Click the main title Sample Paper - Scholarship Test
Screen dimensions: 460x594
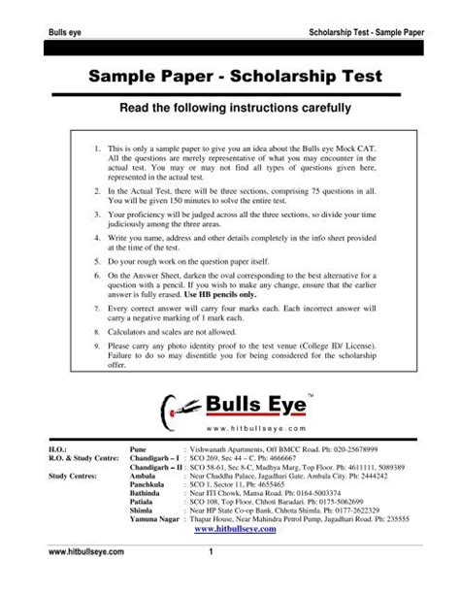(230, 75)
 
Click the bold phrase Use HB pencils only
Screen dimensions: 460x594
(276, 292)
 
